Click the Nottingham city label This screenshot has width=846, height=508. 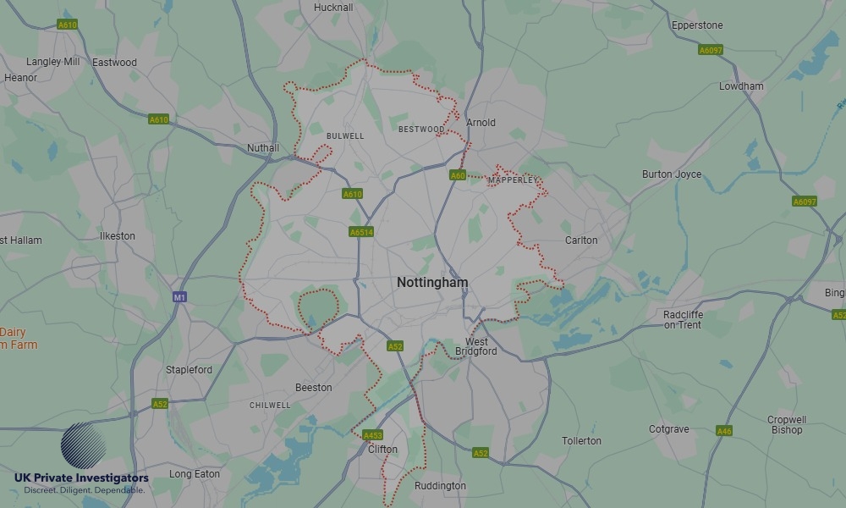tap(432, 283)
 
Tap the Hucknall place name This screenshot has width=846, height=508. tap(333, 8)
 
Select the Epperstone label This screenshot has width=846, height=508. tap(697, 25)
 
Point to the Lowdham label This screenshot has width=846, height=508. tap(741, 86)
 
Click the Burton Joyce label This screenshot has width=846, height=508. tap(672, 174)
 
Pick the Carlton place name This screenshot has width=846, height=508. tap(581, 240)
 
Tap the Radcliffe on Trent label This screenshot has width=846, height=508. tap(683, 320)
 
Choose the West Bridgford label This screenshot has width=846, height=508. tap(476, 346)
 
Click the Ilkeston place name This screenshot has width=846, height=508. tap(117, 236)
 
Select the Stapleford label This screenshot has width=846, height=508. tap(190, 370)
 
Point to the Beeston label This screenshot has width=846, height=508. tap(313, 388)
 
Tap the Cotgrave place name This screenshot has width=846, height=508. tap(669, 429)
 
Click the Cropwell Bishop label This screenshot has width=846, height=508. tap(787, 425)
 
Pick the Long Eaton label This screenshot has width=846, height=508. tap(195, 474)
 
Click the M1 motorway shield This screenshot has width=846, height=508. tap(179, 297)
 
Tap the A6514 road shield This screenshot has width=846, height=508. tap(361, 232)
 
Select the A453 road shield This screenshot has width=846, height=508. tap(372, 436)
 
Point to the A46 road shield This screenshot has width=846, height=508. tap(724, 431)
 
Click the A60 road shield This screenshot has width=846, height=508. tap(458, 175)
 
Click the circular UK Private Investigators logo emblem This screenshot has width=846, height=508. tap(84, 445)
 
